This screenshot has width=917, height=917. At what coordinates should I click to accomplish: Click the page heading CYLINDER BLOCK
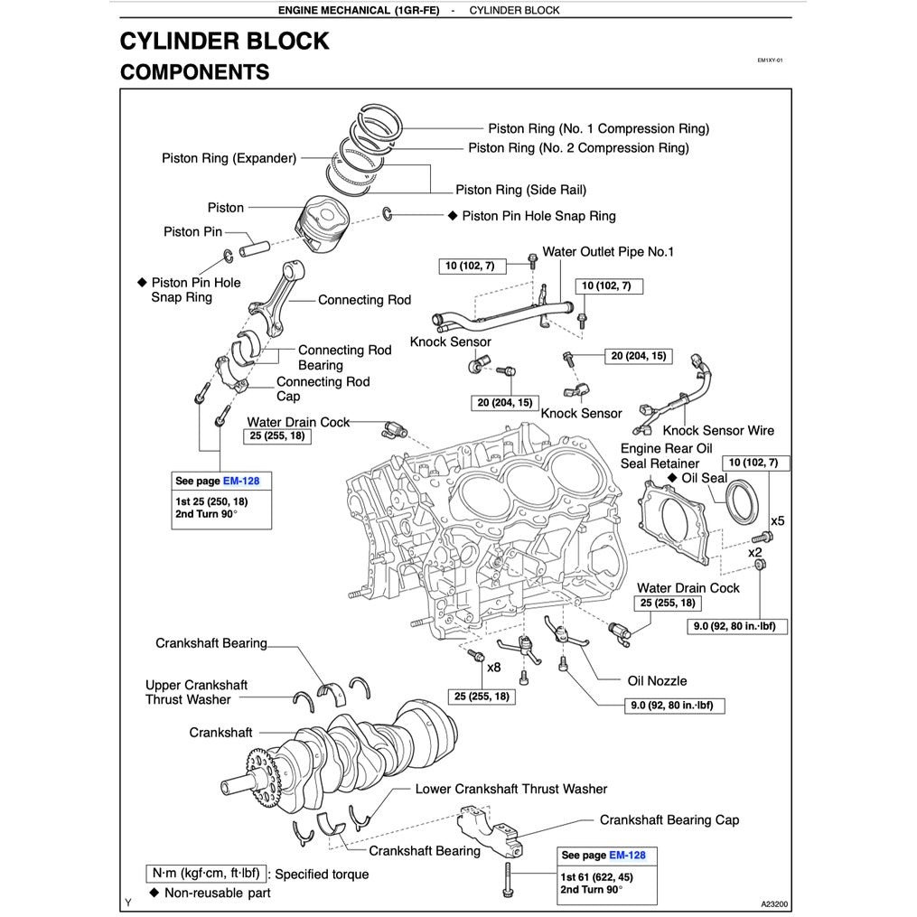click(224, 42)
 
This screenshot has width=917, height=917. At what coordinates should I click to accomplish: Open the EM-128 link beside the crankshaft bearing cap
click(627, 855)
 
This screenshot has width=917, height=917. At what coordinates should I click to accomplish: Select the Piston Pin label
click(192, 232)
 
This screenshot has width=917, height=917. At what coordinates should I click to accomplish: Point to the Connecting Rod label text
click(364, 300)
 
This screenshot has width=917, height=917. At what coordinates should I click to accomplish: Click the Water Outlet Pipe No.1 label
click(608, 252)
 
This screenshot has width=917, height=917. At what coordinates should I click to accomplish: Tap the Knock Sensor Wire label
click(718, 431)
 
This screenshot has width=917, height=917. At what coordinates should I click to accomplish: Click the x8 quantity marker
click(494, 668)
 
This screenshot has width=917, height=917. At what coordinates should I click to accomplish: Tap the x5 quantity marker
click(777, 521)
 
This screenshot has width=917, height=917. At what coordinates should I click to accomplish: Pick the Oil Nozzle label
click(657, 681)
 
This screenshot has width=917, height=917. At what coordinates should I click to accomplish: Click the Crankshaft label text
click(220, 733)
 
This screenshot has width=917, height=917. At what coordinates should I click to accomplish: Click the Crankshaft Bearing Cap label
click(669, 820)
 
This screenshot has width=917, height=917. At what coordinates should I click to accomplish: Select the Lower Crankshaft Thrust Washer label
click(510, 789)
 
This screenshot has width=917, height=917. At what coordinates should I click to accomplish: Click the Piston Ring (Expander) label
click(229, 158)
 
